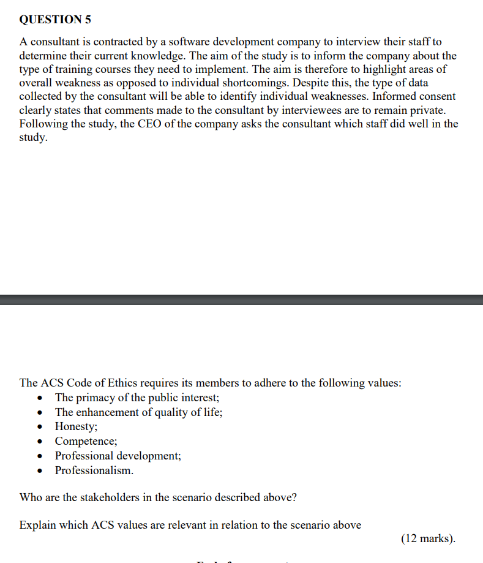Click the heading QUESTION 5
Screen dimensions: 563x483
(55, 20)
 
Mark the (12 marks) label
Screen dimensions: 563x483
(429, 538)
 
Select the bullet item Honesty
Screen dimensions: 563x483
(76, 426)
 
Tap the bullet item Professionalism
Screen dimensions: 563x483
(94, 470)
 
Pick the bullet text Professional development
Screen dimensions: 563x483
(118, 456)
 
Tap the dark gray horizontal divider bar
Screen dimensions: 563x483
(241, 300)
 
